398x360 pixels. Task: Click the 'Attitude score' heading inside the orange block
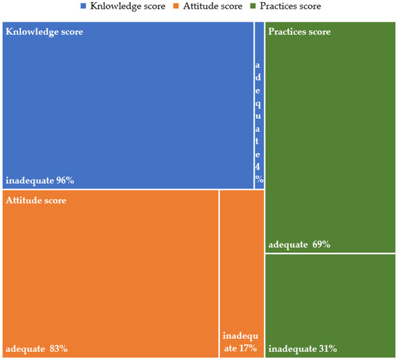(36, 201)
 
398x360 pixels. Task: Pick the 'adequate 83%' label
(37, 348)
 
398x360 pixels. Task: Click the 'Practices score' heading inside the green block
(299, 33)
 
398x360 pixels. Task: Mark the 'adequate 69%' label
(299, 245)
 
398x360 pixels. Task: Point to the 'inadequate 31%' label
(302, 348)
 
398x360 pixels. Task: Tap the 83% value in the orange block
(58, 348)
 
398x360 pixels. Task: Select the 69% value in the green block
(321, 245)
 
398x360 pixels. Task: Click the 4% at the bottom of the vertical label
(258, 174)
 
